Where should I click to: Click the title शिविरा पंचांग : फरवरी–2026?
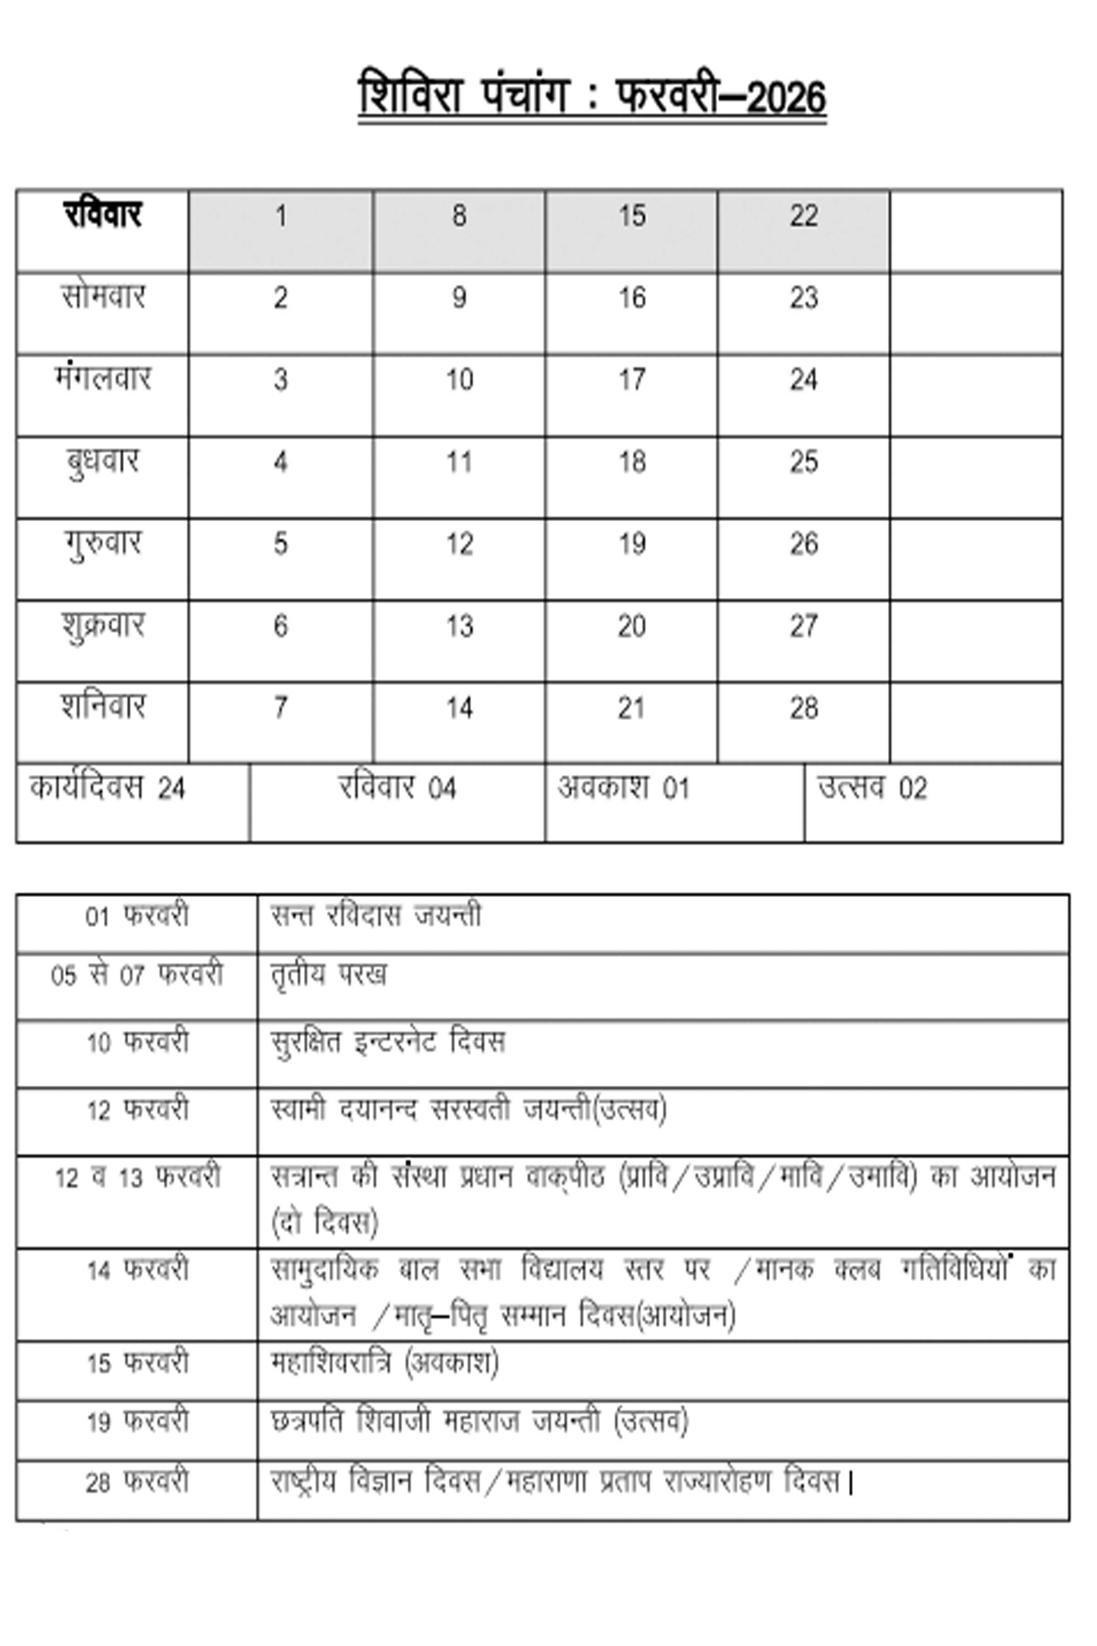[592, 96]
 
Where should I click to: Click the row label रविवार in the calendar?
[103, 215]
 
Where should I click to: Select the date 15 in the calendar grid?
[631, 216]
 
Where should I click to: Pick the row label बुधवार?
[103, 462]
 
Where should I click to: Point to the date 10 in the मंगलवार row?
[460, 380]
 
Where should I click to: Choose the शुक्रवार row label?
[103, 625]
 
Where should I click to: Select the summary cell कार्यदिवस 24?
[108, 789]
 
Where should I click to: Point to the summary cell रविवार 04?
[397, 789]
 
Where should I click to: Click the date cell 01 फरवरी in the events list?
[137, 916]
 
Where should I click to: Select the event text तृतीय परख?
[328, 975]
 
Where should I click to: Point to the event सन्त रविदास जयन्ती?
[376, 916]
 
